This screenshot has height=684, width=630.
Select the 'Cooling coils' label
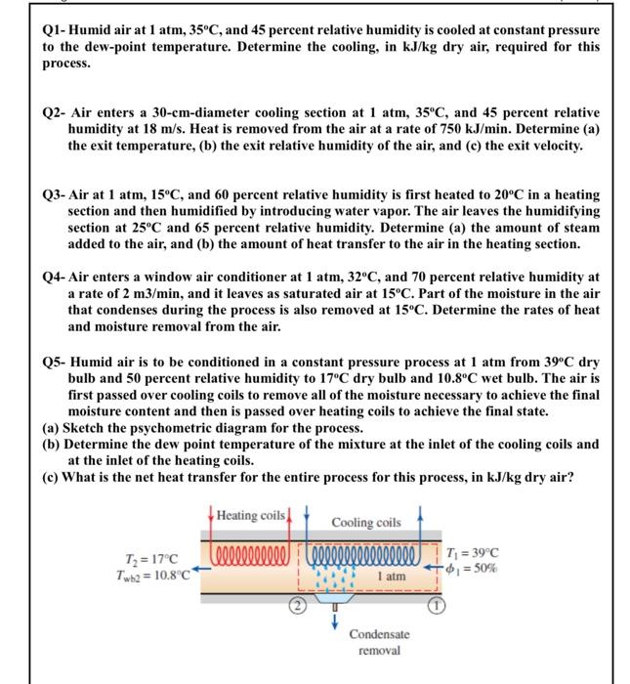click(366, 523)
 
